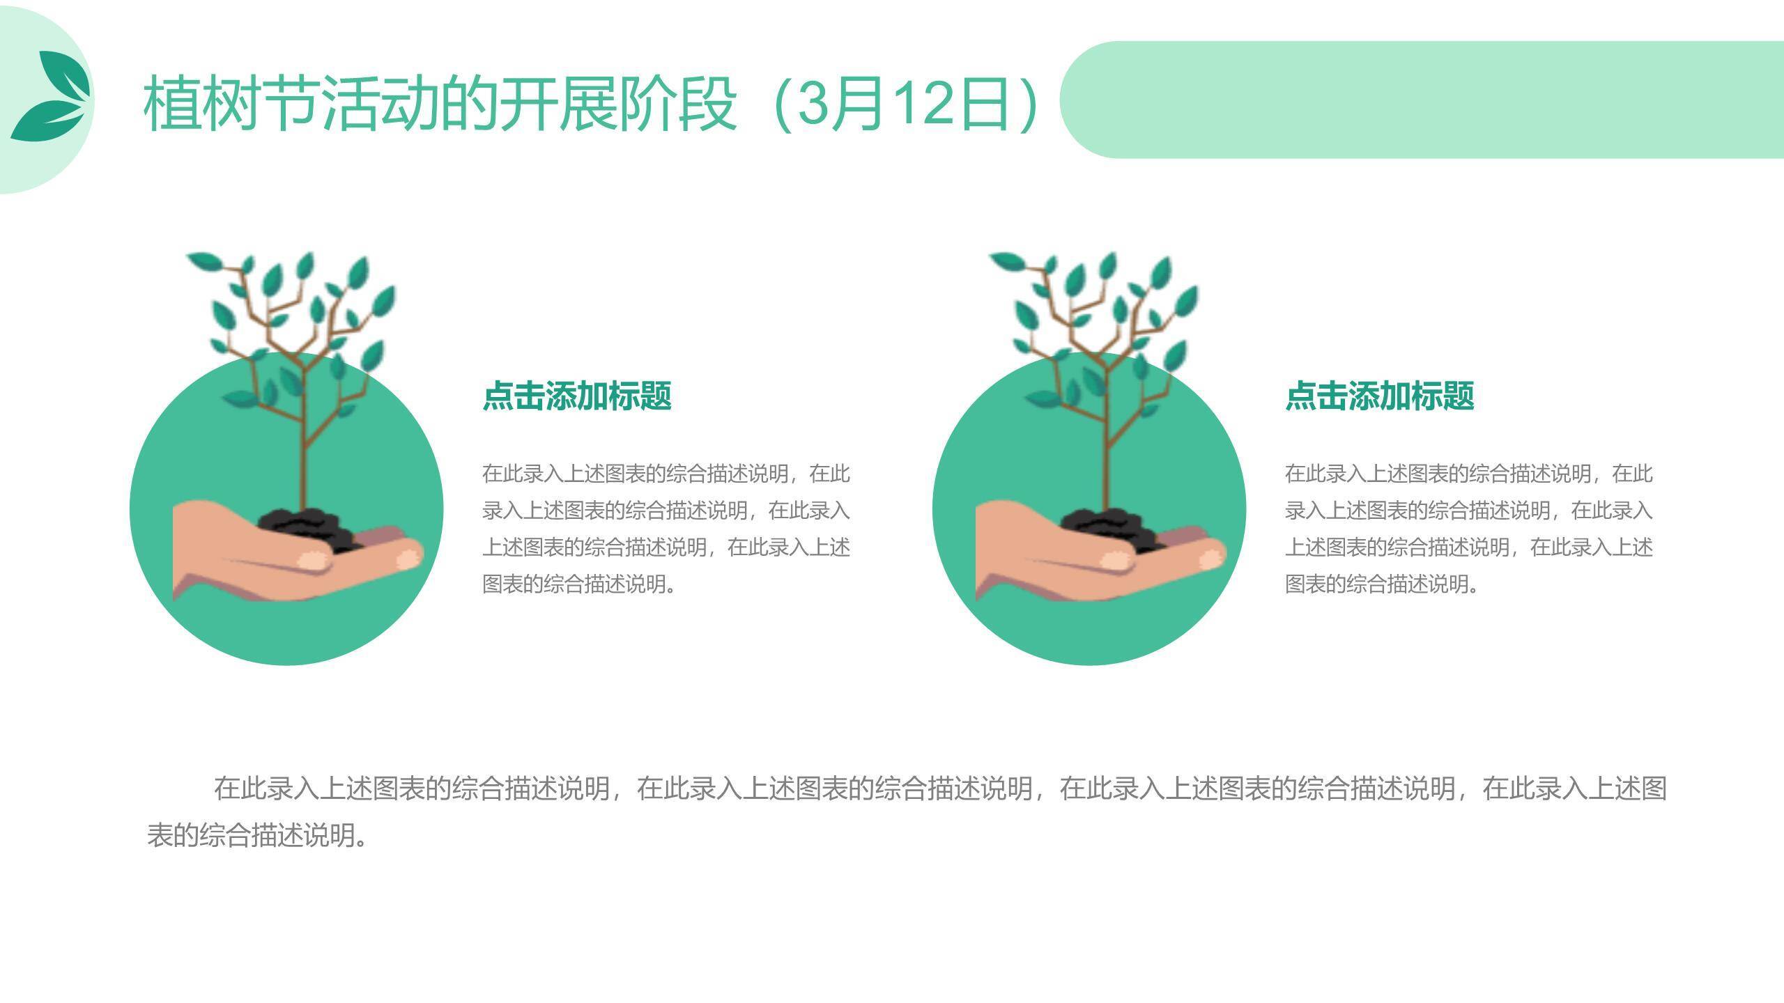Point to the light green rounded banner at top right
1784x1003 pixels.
(1422, 100)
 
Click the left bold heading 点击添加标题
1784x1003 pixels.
(577, 396)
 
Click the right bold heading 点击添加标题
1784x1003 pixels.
(1380, 396)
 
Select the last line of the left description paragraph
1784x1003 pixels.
(579, 584)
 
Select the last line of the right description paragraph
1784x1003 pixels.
(1382, 584)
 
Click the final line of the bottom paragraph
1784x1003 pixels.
(258, 834)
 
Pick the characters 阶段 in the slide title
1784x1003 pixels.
(677, 104)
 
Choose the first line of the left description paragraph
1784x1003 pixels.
(666, 474)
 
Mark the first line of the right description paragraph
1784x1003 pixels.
(1469, 474)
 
